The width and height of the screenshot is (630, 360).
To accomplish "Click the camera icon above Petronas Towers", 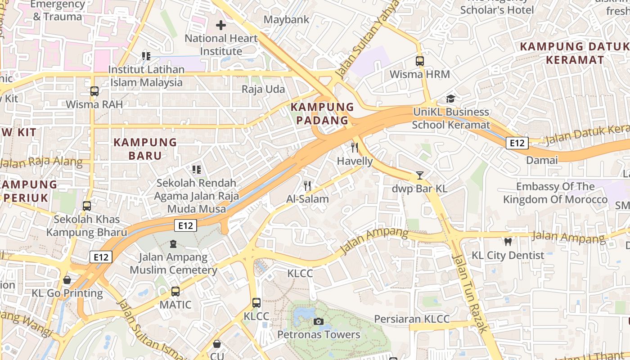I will (318, 321).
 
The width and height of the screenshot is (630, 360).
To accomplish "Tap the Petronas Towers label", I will (319, 335).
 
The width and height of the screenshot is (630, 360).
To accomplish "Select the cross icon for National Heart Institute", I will (221, 25).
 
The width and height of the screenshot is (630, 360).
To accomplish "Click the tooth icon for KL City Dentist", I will (508, 242).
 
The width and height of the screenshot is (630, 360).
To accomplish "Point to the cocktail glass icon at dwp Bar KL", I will (420, 175).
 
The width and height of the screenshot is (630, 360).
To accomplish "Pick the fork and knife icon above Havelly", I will (355, 148).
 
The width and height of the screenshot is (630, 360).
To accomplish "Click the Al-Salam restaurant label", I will (307, 199).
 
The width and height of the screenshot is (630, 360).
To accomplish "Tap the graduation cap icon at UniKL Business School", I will (450, 99).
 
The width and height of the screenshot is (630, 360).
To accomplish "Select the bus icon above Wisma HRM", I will (420, 61).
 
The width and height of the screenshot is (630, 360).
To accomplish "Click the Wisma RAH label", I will (94, 104).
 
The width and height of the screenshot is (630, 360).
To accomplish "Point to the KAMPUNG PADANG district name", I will (322, 113).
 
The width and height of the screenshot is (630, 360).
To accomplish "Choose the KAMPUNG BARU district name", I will (145, 149).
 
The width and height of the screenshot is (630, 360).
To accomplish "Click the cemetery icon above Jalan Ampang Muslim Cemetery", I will (173, 244).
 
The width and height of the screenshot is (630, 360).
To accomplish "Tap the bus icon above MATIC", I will (175, 292).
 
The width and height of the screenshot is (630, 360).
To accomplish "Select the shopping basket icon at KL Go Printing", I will (67, 280).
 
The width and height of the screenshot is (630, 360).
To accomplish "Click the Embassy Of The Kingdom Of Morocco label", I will (555, 193).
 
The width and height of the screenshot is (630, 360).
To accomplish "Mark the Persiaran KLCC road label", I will (412, 319).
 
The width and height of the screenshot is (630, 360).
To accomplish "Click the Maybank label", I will (287, 20).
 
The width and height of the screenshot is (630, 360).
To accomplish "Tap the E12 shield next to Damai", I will (517, 143).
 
